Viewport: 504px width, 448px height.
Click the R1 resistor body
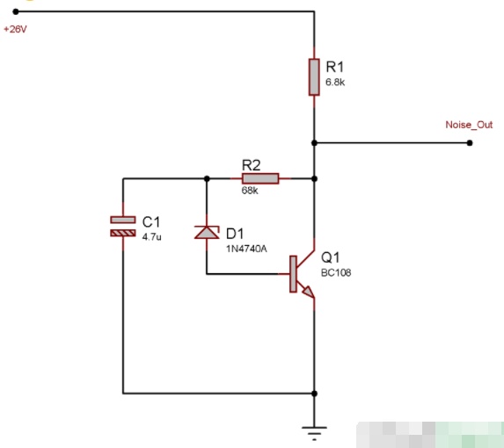tap(314, 77)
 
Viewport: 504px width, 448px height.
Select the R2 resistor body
tap(260, 178)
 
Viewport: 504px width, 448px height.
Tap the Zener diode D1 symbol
tap(207, 232)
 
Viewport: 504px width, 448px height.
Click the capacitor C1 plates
tap(123, 227)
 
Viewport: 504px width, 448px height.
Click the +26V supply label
tap(15, 29)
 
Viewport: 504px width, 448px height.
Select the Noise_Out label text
tap(469, 125)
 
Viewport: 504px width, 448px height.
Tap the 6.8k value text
tap(335, 83)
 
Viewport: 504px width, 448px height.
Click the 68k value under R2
tap(250, 191)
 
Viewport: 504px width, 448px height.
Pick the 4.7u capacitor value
tap(151, 237)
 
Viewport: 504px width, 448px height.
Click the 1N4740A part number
tap(246, 249)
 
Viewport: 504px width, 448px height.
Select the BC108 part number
tap(336, 273)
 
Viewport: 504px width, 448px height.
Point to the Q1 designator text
tap(331, 257)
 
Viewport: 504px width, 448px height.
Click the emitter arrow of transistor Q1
tap(308, 292)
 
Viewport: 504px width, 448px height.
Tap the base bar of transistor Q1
tap(293, 274)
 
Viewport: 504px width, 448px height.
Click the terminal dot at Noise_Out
tap(470, 143)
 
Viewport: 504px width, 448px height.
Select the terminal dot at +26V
tap(16, 11)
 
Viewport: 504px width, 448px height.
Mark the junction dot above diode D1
tap(207, 178)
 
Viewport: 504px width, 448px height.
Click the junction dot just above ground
tap(314, 394)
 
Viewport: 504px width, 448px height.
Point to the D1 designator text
tap(235, 234)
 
